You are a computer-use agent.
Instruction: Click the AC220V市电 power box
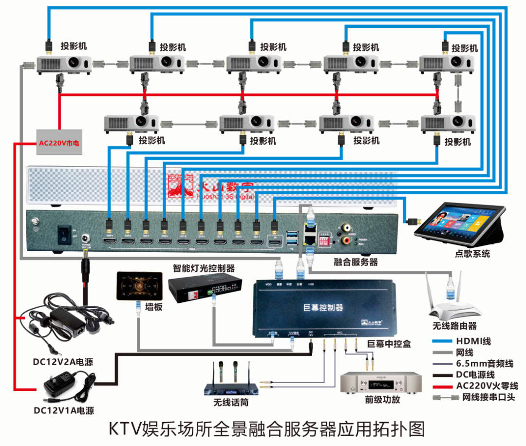[59, 143]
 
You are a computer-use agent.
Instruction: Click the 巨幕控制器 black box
[323, 307]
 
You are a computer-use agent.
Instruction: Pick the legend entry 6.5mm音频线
[484, 363]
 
